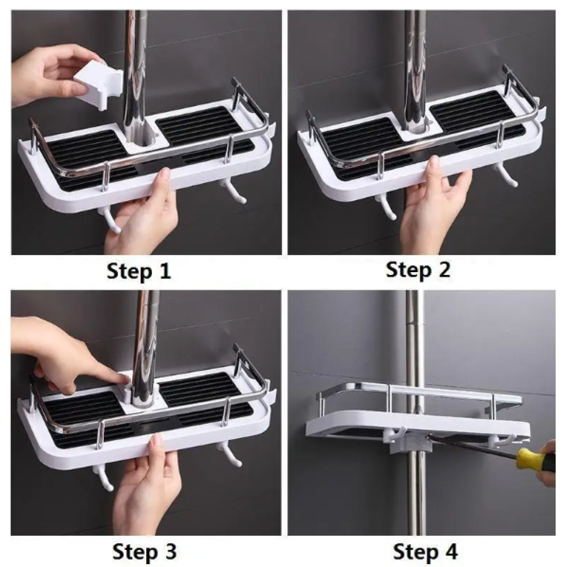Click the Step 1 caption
click(139, 271)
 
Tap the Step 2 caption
click(418, 270)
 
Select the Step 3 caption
click(144, 552)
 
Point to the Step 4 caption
click(425, 552)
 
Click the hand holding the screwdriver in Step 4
click(549, 463)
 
